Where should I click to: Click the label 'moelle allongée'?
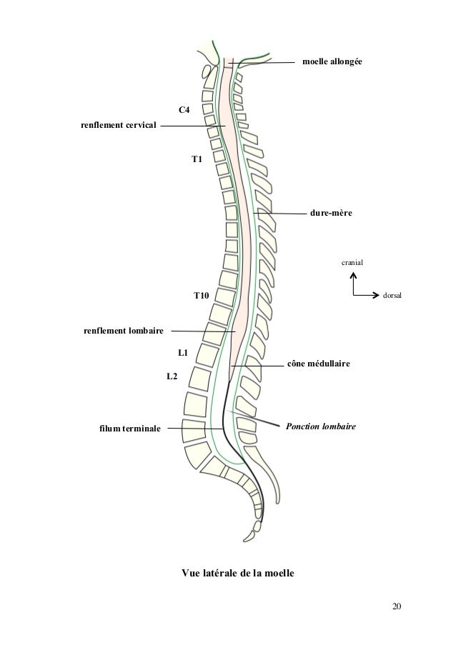click(332, 63)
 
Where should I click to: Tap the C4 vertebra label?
click(184, 110)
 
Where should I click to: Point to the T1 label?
click(197, 159)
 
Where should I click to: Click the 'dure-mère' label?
click(331, 213)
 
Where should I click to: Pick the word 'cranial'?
click(352, 263)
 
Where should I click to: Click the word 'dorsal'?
click(392, 294)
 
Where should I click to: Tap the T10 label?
click(202, 295)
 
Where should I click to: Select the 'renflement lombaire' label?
click(124, 331)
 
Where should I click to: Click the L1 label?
click(183, 353)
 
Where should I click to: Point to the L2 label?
click(172, 376)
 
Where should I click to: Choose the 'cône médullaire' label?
click(319, 364)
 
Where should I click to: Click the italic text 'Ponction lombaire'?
click(320, 426)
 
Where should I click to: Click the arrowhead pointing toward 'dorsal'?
click(377, 294)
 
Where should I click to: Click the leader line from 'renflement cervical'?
click(189, 126)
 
